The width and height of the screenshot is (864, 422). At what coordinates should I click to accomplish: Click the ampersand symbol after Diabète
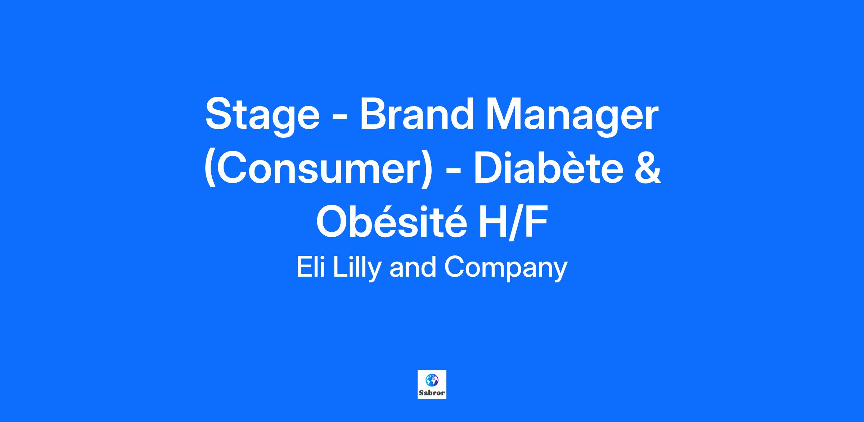click(647, 167)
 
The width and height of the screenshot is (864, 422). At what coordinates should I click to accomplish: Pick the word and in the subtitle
click(413, 267)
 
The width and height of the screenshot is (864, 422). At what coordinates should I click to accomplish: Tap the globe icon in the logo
click(432, 380)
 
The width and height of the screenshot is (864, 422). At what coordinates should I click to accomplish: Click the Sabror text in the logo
click(432, 393)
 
